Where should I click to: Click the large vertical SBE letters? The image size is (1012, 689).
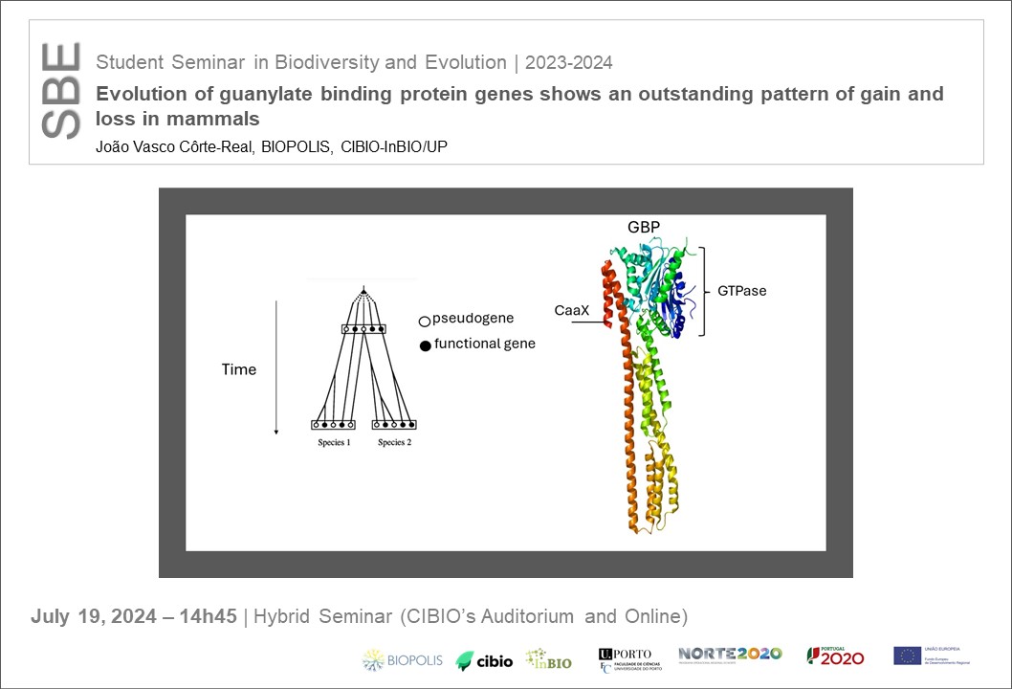(x=62, y=92)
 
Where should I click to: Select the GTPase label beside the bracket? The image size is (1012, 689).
(x=741, y=290)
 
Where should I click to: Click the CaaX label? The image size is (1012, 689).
(x=570, y=310)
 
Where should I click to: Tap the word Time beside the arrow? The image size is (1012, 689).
(x=238, y=369)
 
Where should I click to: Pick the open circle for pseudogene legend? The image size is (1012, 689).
(x=424, y=322)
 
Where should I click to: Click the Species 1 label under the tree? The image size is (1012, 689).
(x=335, y=442)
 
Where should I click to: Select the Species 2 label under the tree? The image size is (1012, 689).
(x=395, y=442)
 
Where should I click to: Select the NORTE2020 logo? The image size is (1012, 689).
(x=729, y=654)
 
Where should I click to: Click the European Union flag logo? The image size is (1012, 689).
(x=907, y=656)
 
